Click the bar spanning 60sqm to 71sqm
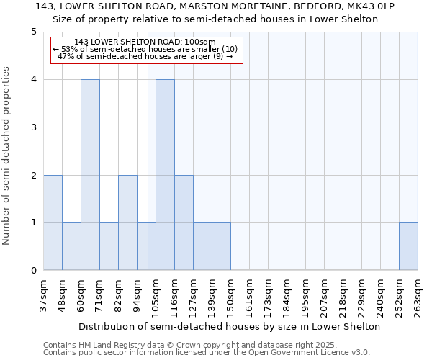[90, 175]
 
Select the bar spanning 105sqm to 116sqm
[165, 175]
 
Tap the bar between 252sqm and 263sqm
[408, 246]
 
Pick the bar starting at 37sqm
[53, 222]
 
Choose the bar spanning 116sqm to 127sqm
[184, 222]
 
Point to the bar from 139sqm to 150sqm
[221, 246]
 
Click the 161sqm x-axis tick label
[249, 294]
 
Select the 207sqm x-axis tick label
[324, 294]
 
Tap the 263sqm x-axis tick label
[418, 294]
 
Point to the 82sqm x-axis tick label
[118, 294]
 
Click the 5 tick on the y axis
[34, 32]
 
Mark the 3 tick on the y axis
[34, 127]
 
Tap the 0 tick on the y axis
[34, 271]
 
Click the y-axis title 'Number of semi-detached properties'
[7, 156]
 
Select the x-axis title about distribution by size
[230, 326]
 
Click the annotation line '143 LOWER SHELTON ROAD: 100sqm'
[145, 42]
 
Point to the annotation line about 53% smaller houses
[145, 49]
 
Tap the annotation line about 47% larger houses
[145, 56]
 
